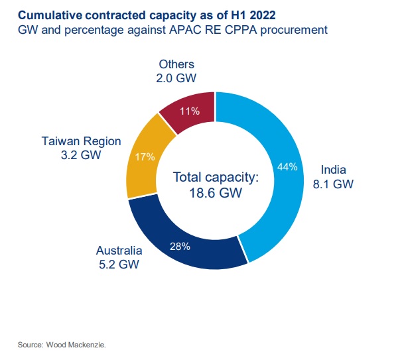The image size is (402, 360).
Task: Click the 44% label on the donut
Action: coord(287,167)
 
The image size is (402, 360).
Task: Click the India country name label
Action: coord(334,168)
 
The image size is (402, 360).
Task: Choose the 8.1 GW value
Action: coord(334,184)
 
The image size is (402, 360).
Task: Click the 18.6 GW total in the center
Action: coord(215,194)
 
